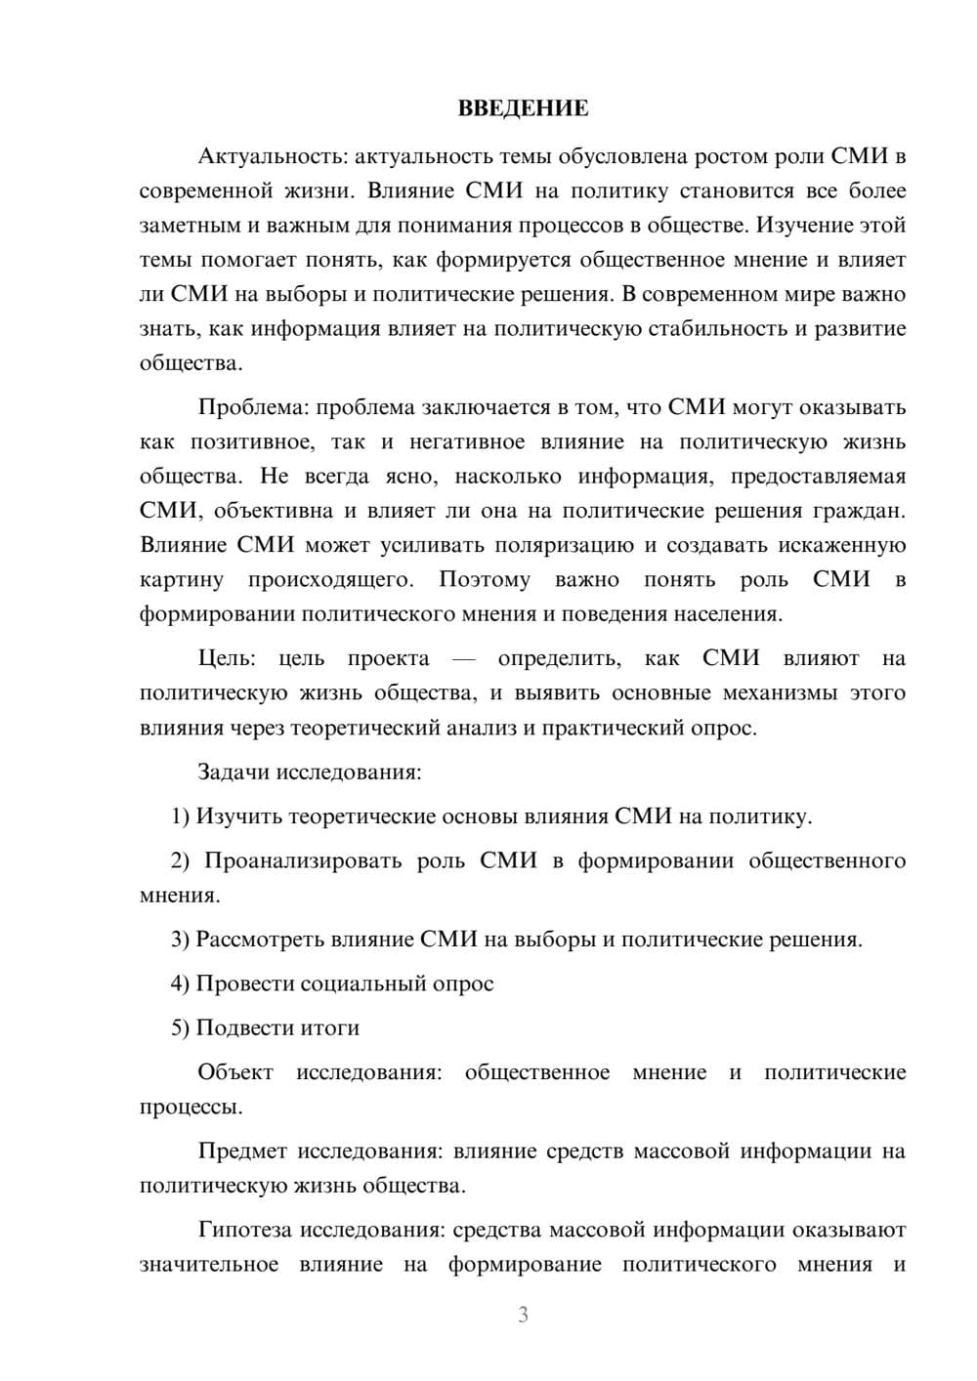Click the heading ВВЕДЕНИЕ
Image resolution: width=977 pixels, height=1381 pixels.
pos(523,108)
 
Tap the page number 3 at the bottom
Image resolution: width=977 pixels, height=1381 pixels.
pos(523,1315)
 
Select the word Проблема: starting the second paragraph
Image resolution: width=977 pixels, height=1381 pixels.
pos(253,407)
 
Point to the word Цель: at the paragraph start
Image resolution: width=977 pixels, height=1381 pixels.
pos(227,658)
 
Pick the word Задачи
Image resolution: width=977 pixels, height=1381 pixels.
pos(234,772)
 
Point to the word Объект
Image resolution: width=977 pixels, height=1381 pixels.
pos(235,1072)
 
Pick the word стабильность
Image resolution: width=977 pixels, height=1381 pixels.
pos(715,328)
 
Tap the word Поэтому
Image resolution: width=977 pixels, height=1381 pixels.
pos(485,580)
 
